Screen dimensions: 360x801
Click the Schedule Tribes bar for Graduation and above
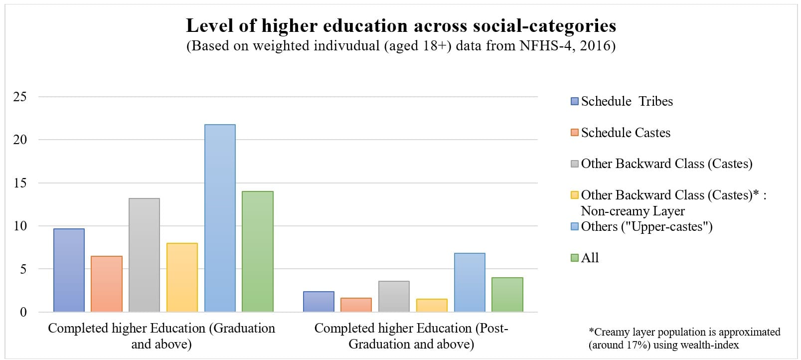point(69,270)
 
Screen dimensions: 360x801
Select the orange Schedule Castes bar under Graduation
point(107,284)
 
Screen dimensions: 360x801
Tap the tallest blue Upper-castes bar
point(220,218)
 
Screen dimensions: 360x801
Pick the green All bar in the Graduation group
point(258,251)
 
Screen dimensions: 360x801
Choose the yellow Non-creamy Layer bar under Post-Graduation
point(432,305)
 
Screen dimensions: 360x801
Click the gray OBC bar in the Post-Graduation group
point(394,296)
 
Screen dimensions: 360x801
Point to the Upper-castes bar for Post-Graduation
point(470,282)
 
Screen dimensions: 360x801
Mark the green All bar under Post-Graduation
point(507,294)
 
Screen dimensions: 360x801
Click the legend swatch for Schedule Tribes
point(575,101)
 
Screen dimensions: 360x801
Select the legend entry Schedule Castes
point(625,133)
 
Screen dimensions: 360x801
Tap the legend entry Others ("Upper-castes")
point(646,226)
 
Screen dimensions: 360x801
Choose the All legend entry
point(590,258)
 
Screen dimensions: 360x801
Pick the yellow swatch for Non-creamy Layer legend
point(575,195)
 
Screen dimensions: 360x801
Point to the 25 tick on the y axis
point(20,97)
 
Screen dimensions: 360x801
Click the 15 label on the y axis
point(20,183)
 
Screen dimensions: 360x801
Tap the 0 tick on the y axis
point(23,312)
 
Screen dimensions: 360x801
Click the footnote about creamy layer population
point(684,338)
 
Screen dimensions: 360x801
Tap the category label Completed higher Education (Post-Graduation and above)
point(411,336)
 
